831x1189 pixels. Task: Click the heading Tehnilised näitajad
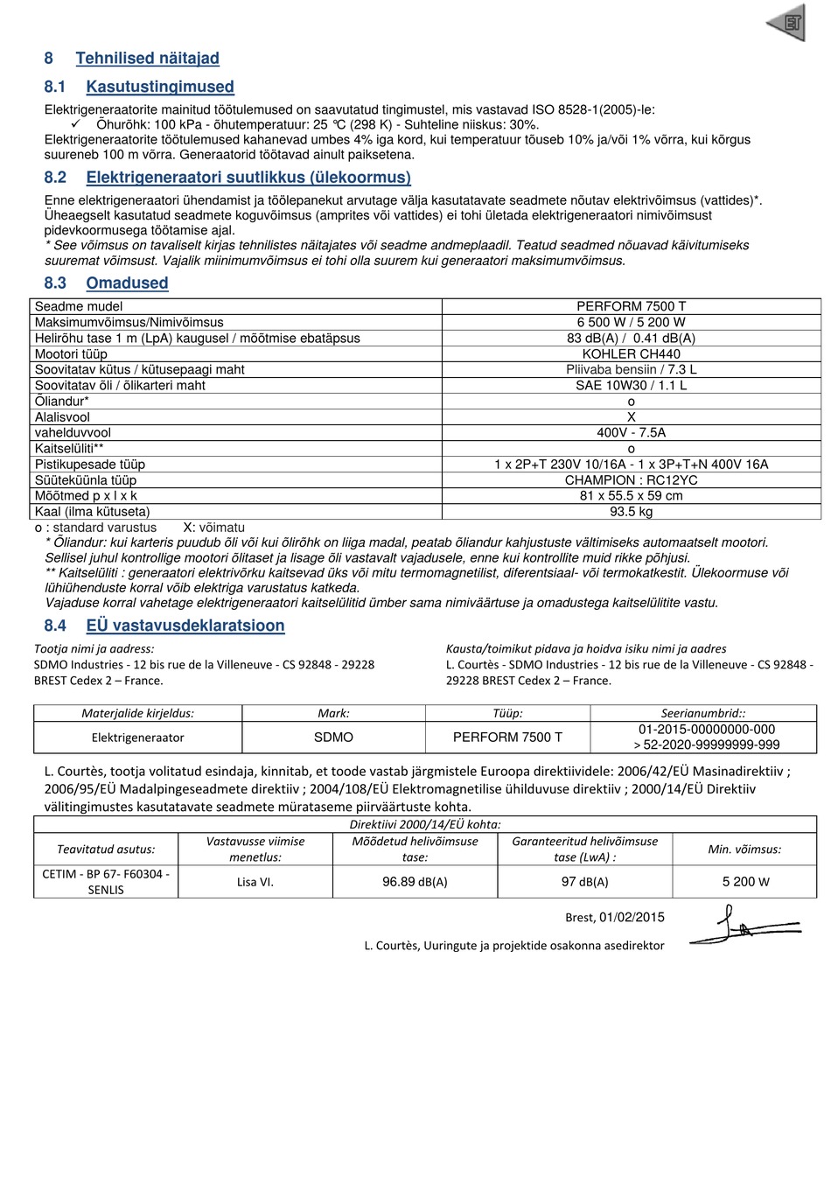coord(147,59)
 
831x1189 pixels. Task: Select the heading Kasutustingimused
coord(160,87)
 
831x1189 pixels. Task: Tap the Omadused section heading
coord(127,283)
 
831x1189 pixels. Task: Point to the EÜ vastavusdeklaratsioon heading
coord(185,626)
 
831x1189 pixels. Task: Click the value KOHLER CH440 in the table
coord(631,354)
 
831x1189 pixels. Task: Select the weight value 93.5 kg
coord(631,512)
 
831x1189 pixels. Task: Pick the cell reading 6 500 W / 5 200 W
coord(631,323)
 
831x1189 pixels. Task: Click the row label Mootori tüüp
coord(71,354)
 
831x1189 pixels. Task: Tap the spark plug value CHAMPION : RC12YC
coord(631,480)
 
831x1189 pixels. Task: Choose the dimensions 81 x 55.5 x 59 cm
coord(631,496)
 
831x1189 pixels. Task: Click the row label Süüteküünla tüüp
coord(86,480)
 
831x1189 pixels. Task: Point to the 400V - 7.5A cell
coord(631,433)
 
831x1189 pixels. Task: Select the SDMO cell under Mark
coord(333,738)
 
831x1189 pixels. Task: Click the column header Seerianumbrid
coord(703,713)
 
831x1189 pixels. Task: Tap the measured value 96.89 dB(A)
coord(415,882)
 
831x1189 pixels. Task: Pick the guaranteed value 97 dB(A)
coord(584,882)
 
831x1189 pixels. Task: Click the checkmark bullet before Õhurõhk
coord(75,124)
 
